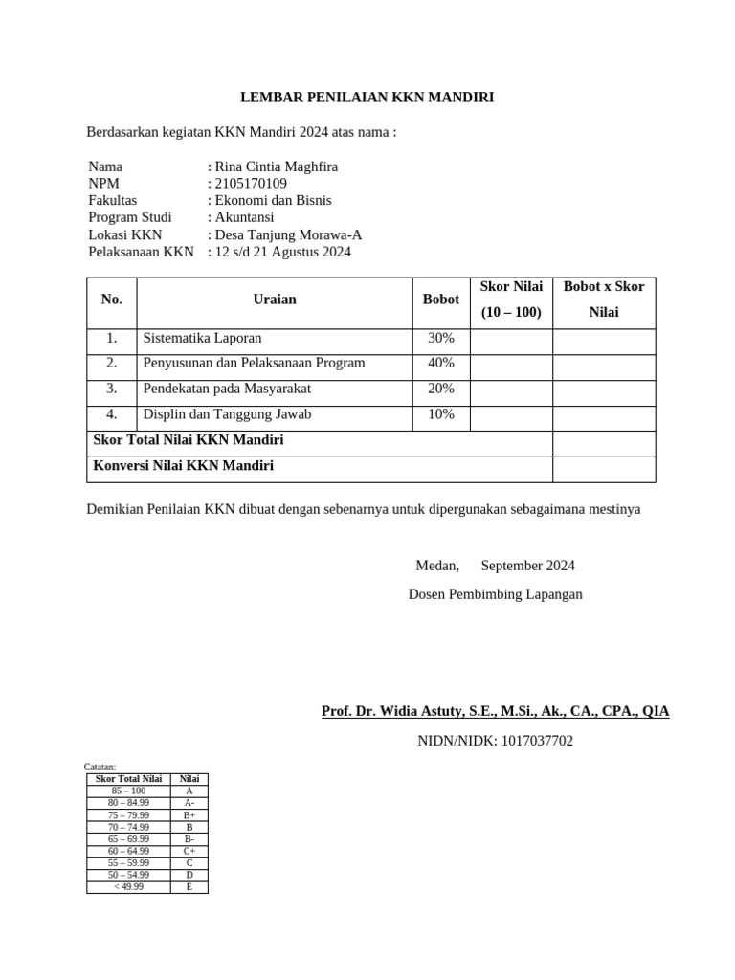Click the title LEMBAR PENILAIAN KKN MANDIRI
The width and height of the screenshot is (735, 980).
[x=367, y=97]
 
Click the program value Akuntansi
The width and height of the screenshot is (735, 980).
[x=244, y=217]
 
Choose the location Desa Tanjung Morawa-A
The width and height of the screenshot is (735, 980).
[x=288, y=235]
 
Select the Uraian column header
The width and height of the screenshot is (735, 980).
[x=275, y=300]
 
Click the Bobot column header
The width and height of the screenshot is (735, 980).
[x=440, y=300]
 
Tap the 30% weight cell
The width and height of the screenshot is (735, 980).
[x=441, y=339]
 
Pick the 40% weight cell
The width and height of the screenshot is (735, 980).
[x=441, y=364]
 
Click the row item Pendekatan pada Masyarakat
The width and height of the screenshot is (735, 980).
[x=227, y=390]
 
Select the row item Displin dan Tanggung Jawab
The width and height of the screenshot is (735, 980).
[x=227, y=415]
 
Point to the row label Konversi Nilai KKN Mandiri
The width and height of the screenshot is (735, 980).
[x=183, y=466]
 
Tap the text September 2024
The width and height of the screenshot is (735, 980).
[x=527, y=566]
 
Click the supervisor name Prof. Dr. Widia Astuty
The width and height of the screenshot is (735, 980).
[x=495, y=711]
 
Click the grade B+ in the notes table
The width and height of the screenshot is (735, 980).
[x=189, y=815]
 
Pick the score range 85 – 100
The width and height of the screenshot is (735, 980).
[x=128, y=791]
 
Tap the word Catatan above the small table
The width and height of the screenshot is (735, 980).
[x=100, y=768]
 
